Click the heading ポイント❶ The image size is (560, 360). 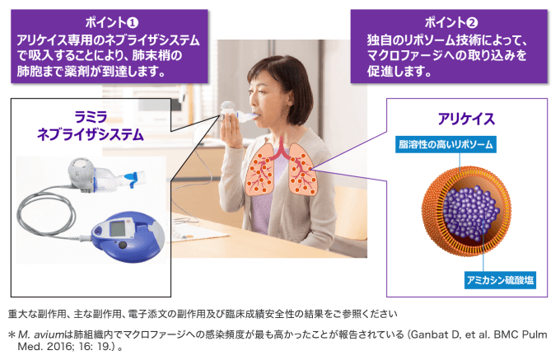click(x=112, y=22)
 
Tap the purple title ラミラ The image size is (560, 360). click(x=91, y=117)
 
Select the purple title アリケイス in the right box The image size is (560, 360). click(x=466, y=119)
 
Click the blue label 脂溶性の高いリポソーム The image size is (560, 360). click(x=446, y=144)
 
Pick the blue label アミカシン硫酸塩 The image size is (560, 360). click(x=500, y=280)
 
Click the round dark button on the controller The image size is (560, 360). click(x=123, y=245)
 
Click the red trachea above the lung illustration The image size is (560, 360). click(x=282, y=147)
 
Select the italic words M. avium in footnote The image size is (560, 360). click(x=41, y=334)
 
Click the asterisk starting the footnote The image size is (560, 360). click(x=12, y=334)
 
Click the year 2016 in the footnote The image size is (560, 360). click(x=59, y=347)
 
